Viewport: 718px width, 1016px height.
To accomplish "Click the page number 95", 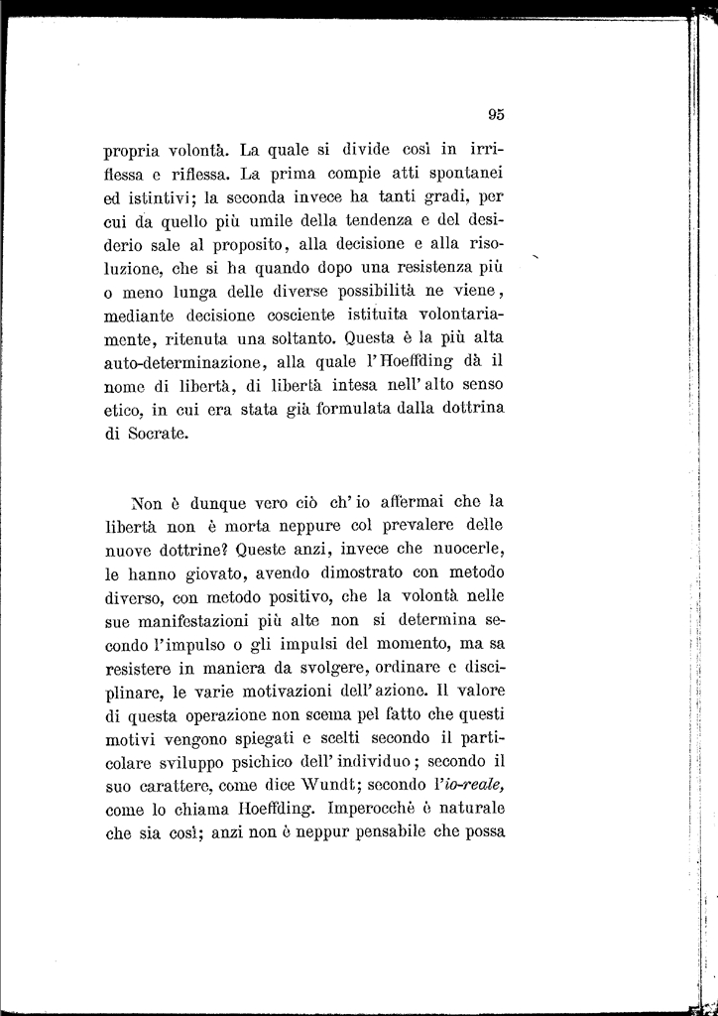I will [496, 114].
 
